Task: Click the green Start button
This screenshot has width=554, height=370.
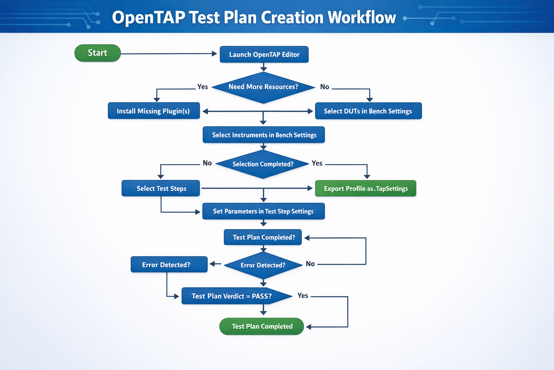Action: click(x=97, y=53)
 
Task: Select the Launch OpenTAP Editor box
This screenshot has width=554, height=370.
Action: click(x=264, y=55)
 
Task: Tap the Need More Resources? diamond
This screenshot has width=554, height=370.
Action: click(x=263, y=87)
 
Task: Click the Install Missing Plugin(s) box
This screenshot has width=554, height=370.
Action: click(x=154, y=111)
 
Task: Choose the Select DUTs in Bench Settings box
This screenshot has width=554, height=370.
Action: click(x=368, y=111)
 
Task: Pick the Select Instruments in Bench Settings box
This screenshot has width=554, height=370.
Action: click(x=264, y=135)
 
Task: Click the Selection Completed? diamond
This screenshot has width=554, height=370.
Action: click(x=263, y=164)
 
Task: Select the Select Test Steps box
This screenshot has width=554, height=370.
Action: click(x=161, y=188)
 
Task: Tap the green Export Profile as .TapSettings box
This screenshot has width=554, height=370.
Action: click(x=365, y=188)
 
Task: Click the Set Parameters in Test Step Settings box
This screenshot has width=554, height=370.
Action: click(x=263, y=211)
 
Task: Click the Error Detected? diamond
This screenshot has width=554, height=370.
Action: click(x=263, y=265)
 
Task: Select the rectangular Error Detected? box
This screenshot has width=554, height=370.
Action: click(x=169, y=264)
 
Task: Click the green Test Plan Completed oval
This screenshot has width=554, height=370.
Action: click(x=261, y=326)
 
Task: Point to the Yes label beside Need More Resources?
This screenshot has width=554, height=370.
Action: click(x=202, y=87)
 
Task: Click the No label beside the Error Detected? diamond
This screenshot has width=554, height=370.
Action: click(x=310, y=264)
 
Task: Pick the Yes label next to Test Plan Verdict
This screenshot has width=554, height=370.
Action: click(x=303, y=296)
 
